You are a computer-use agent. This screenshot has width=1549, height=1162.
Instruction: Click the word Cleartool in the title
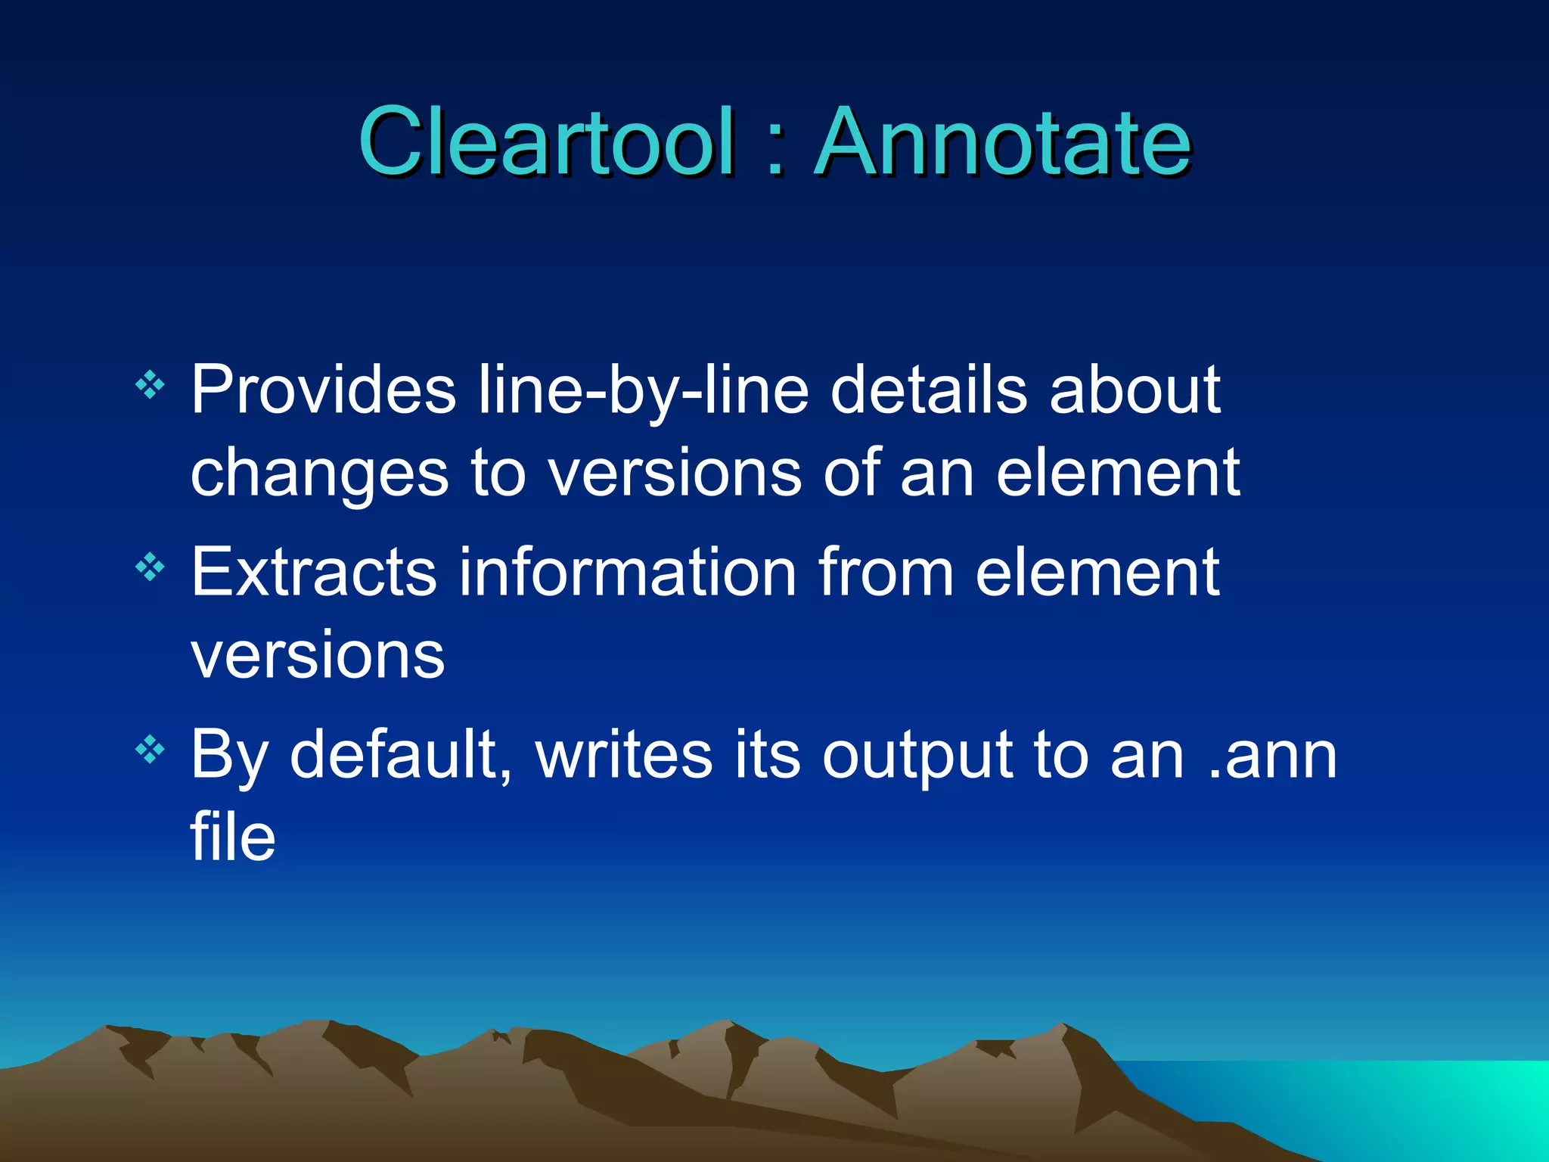coord(546,141)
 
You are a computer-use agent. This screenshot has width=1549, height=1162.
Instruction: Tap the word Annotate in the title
coord(1003,141)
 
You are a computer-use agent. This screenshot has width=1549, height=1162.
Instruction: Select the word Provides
coord(323,390)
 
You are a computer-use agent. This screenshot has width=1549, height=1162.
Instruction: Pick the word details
coord(930,390)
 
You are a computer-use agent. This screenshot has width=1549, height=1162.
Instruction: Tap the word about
coord(1135,390)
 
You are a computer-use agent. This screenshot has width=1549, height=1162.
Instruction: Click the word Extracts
coord(313,573)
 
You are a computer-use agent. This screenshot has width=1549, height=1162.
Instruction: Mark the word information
coord(627,573)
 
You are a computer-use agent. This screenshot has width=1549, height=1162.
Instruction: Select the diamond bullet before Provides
coord(150,385)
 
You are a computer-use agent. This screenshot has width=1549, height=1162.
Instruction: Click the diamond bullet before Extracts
coord(150,567)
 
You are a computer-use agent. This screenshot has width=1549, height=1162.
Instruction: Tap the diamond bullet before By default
coord(150,750)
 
